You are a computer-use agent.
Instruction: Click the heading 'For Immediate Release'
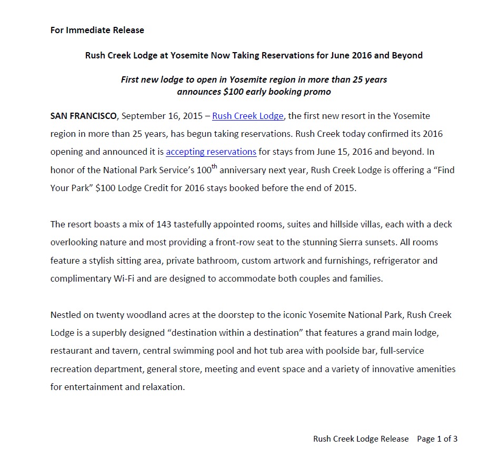click(97, 30)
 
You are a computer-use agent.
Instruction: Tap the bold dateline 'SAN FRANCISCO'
click(84, 116)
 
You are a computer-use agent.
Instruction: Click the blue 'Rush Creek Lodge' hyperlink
click(248, 116)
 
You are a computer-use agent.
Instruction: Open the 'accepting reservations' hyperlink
click(211, 152)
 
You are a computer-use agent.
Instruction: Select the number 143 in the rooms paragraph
click(164, 224)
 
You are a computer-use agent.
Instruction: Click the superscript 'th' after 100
click(214, 167)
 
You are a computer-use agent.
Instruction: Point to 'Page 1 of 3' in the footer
click(437, 438)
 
